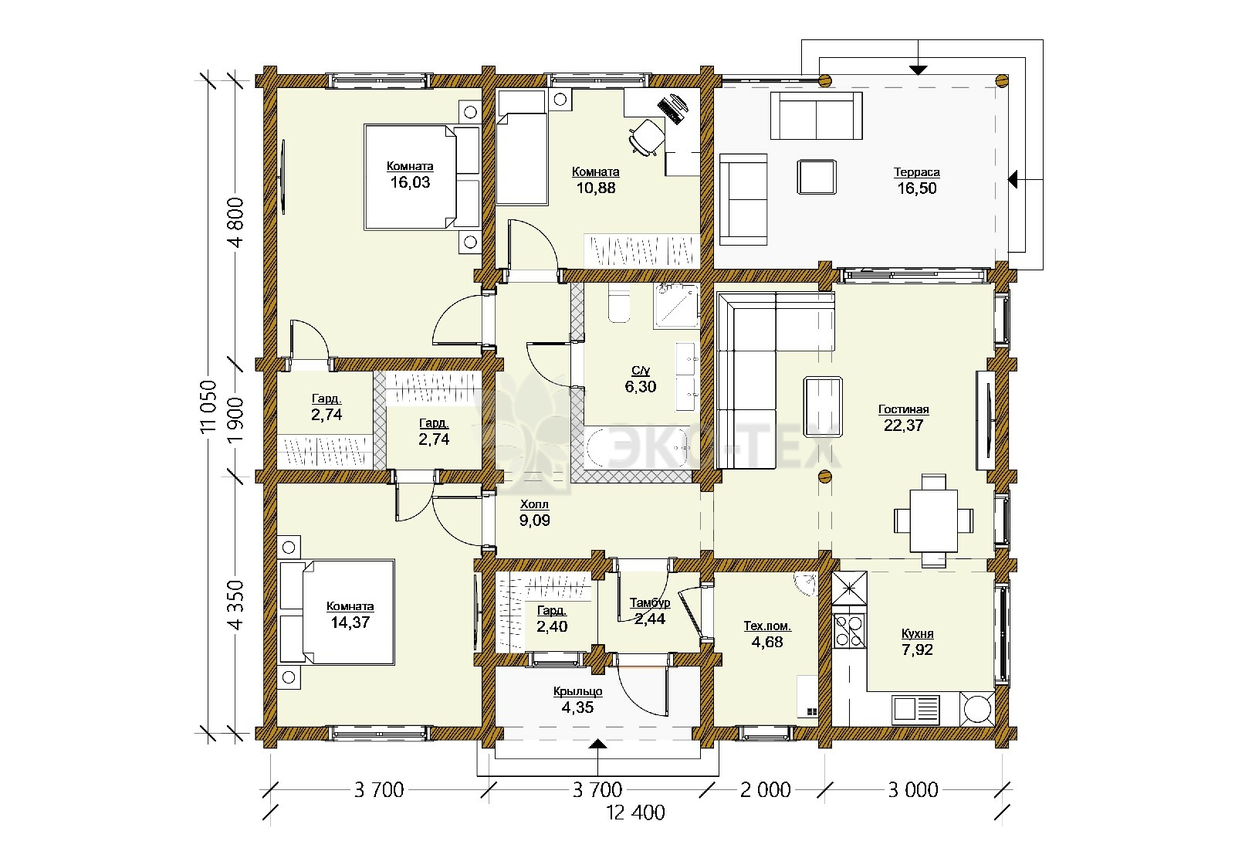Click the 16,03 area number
click(x=410, y=182)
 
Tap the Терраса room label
click(x=917, y=172)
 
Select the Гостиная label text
click(x=904, y=409)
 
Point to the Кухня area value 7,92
click(x=918, y=650)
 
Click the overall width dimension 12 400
click(x=636, y=812)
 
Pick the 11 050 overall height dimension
click(x=209, y=406)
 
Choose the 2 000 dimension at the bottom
click(x=765, y=790)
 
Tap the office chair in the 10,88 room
click(x=645, y=136)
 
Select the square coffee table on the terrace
click(x=817, y=177)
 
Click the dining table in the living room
click(x=933, y=521)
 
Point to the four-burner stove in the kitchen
click(x=849, y=630)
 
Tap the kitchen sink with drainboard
click(x=915, y=708)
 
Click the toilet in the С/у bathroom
click(x=618, y=304)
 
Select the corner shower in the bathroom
click(x=676, y=306)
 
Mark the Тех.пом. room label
click(x=767, y=626)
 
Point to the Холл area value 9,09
click(x=534, y=521)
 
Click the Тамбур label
click(x=649, y=603)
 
